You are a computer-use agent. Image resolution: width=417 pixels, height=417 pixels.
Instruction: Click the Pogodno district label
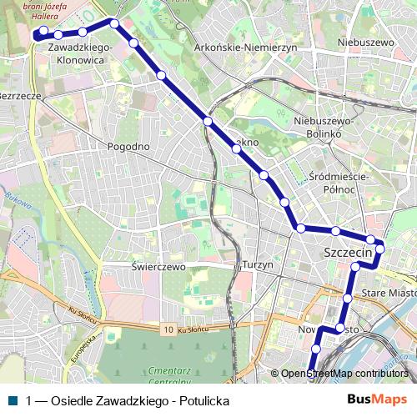click(128, 146)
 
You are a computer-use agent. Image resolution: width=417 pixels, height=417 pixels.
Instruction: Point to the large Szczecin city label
click(346, 251)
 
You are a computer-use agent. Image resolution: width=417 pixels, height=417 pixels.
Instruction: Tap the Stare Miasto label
click(389, 293)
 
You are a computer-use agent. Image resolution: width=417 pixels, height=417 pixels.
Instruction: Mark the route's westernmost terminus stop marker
click(38, 32)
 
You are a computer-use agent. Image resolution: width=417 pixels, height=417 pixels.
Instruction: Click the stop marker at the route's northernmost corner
click(114, 23)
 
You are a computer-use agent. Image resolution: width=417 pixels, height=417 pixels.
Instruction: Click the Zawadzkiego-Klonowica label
click(76, 55)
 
